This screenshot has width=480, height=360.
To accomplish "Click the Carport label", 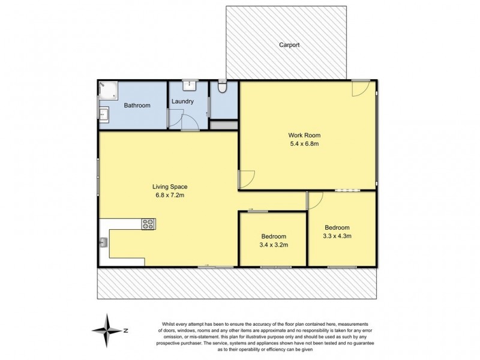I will tap(289, 45).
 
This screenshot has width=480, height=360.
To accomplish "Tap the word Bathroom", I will tap(137, 106).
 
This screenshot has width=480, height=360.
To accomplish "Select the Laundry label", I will tap(182, 101).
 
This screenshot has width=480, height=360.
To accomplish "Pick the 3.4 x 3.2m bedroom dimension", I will tap(273, 245).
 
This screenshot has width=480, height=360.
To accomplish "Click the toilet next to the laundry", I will tap(223, 88).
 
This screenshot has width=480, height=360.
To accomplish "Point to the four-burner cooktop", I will tap(148, 224).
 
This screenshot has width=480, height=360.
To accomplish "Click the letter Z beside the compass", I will tap(125, 330).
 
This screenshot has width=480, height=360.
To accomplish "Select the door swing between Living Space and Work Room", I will tap(246, 178).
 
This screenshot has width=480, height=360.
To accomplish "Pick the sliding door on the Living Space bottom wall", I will tap(215, 266).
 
